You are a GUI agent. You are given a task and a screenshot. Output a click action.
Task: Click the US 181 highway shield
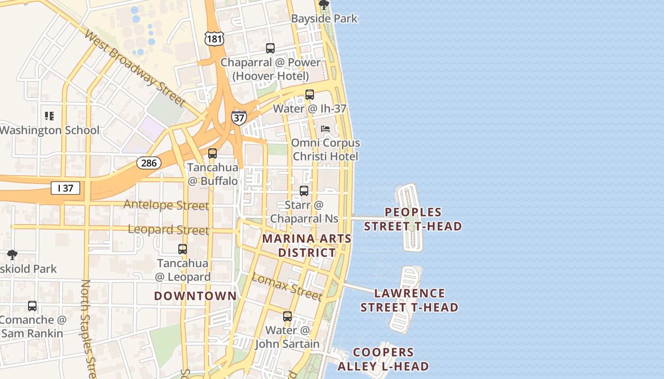click(214, 38)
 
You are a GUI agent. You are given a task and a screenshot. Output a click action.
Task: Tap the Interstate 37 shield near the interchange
click(239, 117)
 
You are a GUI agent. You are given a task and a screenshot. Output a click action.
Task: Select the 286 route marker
click(149, 163)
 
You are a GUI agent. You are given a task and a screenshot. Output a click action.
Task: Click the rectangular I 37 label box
click(65, 188)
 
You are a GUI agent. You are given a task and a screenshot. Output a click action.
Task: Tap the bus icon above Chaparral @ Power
click(270, 48)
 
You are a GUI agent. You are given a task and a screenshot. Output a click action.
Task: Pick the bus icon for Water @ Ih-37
click(310, 94)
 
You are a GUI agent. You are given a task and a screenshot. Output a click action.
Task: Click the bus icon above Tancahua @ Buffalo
click(212, 153)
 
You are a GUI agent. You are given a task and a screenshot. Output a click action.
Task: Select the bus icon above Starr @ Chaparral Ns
click(304, 191)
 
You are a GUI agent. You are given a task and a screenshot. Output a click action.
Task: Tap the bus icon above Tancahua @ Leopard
click(183, 249)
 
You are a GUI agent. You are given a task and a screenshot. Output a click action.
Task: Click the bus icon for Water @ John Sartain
click(287, 316)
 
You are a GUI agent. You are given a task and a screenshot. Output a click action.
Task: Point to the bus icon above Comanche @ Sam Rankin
click(32, 306)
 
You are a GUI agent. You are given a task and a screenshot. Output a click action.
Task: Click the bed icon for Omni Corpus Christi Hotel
click(325, 129)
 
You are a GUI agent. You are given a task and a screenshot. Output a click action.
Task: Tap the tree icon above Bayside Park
click(324, 5)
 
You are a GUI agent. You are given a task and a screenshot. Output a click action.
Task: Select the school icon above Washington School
click(49, 116)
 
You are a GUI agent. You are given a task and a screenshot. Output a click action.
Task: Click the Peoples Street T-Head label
click(413, 219)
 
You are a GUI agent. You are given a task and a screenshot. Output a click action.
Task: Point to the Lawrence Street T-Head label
click(409, 300)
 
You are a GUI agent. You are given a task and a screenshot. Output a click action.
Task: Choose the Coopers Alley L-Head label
click(383, 359)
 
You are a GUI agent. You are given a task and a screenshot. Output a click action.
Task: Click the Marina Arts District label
click(307, 245)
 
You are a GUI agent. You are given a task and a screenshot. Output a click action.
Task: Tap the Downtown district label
click(195, 296)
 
